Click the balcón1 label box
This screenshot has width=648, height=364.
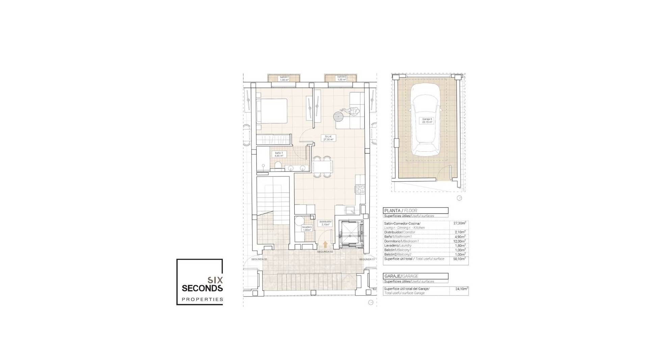284,79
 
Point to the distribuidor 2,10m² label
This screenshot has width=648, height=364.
325,223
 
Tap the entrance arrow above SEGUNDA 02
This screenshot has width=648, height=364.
325,245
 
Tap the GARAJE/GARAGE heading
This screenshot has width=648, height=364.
401,276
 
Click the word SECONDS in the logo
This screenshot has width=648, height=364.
202,288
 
